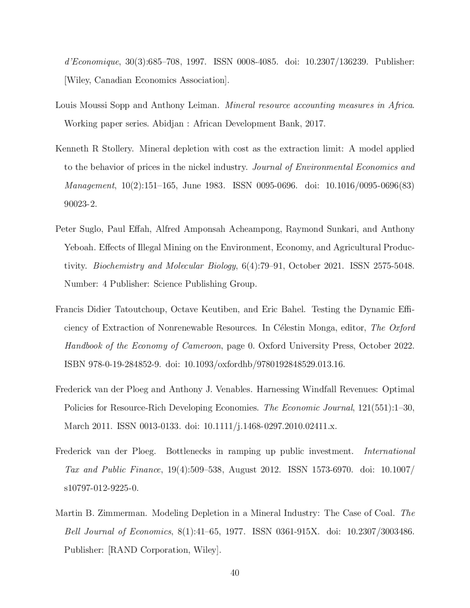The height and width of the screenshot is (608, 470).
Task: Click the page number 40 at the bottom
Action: (x=235, y=573)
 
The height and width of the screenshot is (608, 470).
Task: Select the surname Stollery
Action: (x=117, y=149)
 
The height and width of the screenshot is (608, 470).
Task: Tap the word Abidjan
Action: (x=168, y=124)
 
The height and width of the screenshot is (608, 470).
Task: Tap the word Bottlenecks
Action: (x=189, y=451)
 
